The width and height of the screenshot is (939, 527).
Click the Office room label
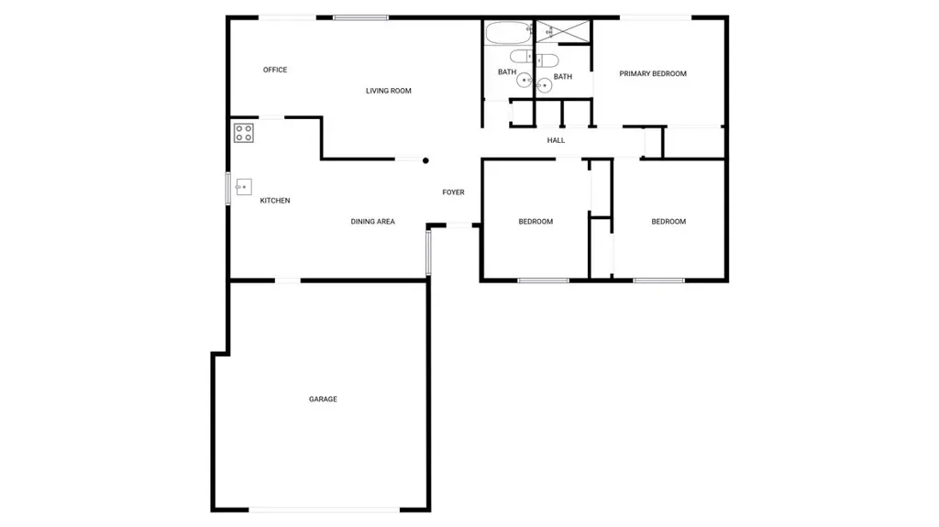coord(275,70)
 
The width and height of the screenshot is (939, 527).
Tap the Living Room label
coord(389,91)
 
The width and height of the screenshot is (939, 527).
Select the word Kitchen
coord(275,201)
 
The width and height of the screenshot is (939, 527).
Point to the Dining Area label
coord(372,222)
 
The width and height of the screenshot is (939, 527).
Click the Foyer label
coord(453,192)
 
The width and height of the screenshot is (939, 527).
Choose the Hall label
coord(556,141)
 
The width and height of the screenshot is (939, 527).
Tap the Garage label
coord(323,399)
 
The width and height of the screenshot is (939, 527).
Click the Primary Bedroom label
coord(653,73)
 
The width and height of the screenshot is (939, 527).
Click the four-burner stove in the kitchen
coord(244,133)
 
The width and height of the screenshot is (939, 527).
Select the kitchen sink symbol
coord(243,187)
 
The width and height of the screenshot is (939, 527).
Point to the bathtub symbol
coord(508,32)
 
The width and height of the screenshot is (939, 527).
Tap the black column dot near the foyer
coord(425,160)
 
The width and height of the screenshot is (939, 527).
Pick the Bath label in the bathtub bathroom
coord(507,71)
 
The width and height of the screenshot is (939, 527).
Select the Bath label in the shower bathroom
coord(563,77)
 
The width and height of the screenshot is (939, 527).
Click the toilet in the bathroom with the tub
coord(521,56)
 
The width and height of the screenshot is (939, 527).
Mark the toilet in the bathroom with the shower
coord(547,60)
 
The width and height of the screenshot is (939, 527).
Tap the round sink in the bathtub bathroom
coord(525,80)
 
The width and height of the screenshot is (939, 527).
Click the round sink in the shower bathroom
coord(544,85)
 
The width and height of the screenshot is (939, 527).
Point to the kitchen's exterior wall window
coord(228,188)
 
